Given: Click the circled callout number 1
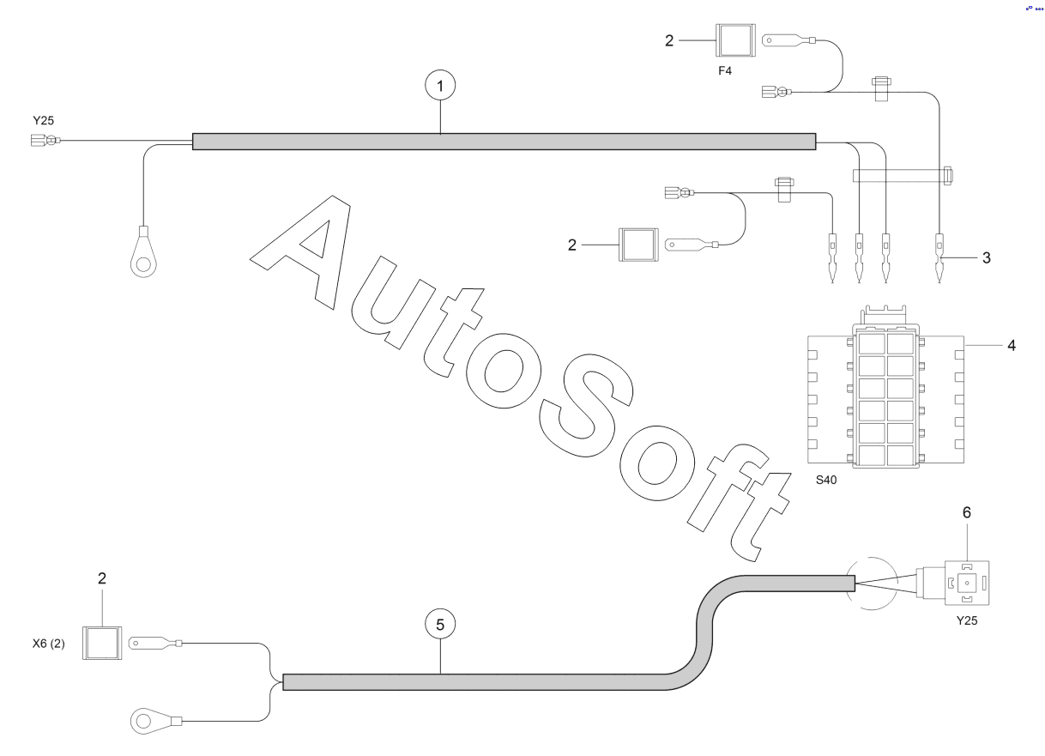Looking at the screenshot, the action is coord(440,86).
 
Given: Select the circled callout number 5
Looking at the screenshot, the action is coord(440,625).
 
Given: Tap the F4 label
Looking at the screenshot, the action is coord(724,71).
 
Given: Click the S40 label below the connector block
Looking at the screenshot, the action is coord(825,481).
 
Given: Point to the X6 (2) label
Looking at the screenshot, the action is coord(49,644).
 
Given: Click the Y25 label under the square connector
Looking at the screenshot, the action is coord(967,620).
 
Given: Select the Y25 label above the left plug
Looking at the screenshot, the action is coord(44,120).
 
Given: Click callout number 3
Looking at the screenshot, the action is coord(986,257).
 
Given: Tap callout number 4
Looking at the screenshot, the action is coord(1012,345).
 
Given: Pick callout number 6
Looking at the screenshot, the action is coord(967,512).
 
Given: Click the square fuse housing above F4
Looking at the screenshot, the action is coord(735,40).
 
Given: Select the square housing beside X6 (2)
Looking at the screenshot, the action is coord(102,643).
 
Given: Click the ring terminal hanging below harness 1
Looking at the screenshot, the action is coord(143,252).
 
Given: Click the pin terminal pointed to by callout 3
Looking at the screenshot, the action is coord(939,258).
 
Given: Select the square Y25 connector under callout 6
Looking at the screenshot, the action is coord(967,583).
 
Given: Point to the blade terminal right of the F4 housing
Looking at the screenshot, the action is coord(788,40).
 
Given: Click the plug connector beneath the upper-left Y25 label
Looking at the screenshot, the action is coord(45,140).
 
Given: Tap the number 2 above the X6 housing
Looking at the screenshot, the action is coord(102,578).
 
